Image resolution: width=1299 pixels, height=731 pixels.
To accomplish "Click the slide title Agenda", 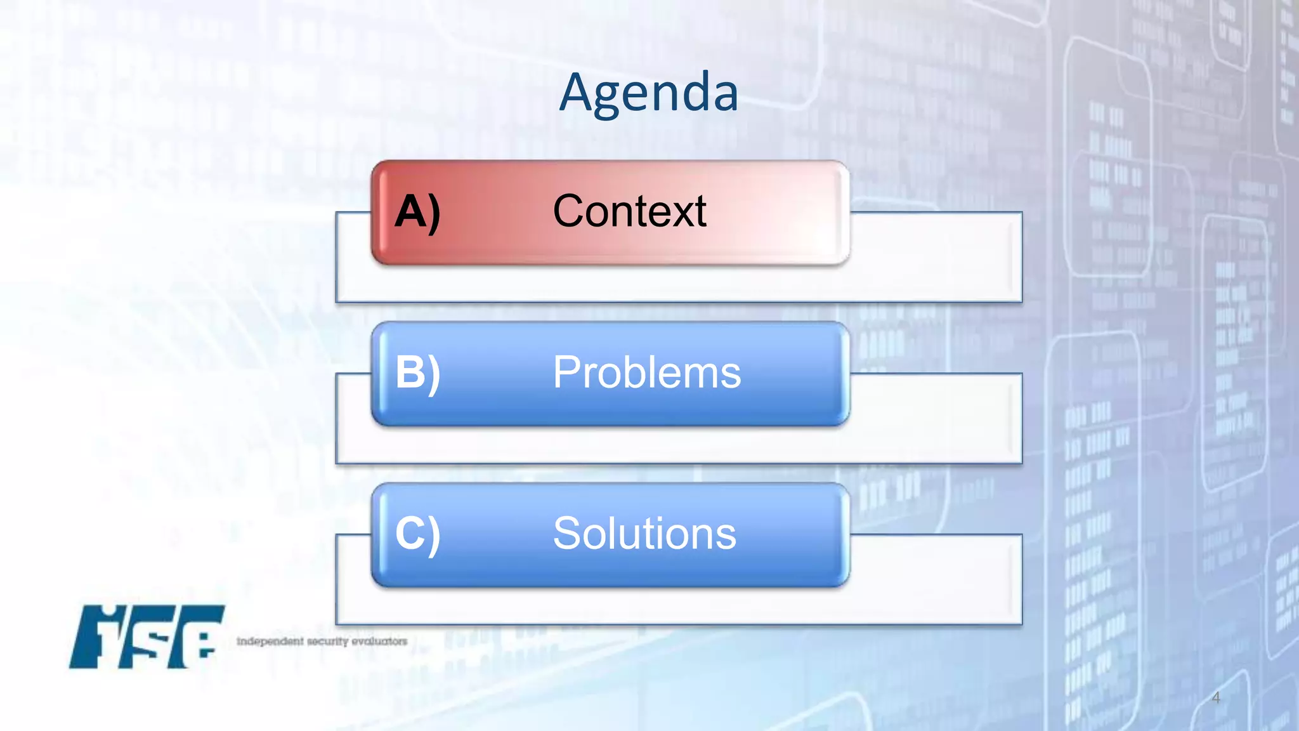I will [x=648, y=93].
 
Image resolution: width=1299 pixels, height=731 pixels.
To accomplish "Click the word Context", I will [x=629, y=211].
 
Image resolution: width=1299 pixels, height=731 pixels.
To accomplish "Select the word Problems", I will [x=646, y=372].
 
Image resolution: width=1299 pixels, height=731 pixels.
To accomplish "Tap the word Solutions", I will [x=644, y=534].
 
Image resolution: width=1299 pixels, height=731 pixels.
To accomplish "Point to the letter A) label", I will [x=417, y=212].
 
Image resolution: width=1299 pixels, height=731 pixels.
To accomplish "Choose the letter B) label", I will [x=417, y=372].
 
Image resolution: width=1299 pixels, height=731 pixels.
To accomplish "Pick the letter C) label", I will [x=417, y=534].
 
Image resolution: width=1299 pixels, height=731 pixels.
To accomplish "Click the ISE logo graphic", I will [x=147, y=636].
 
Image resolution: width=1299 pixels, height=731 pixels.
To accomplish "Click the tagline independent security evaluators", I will [x=322, y=642].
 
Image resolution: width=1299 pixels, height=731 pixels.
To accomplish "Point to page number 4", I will [x=1215, y=698].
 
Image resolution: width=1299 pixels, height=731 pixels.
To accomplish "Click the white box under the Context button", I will [x=679, y=283].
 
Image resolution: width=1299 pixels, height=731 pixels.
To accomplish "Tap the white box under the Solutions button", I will [x=679, y=605].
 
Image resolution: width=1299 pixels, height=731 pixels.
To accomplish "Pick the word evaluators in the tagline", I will [x=379, y=642].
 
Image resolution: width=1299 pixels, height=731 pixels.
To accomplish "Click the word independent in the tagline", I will [x=270, y=642].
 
